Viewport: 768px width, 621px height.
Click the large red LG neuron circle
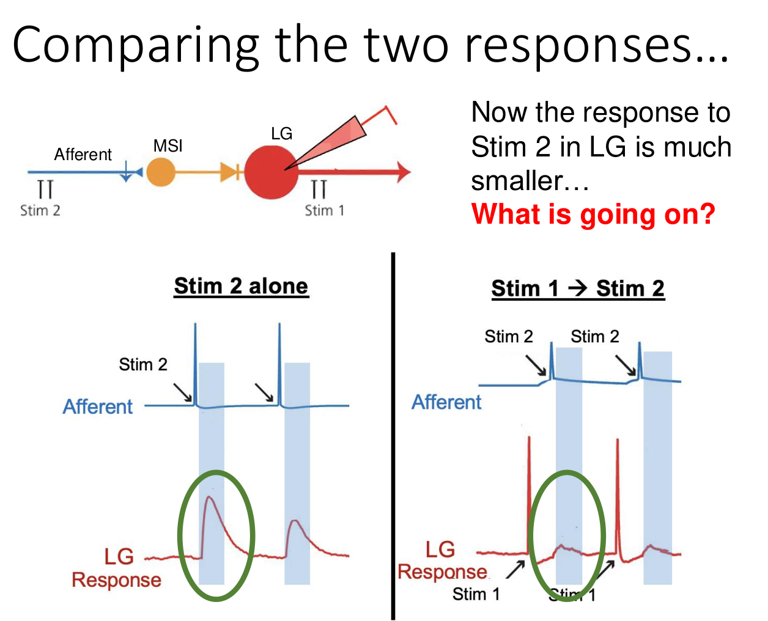(271, 172)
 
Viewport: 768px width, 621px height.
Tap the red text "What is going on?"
(593, 214)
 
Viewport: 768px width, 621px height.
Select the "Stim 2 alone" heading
(241, 286)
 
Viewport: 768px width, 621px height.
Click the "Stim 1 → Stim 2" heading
(577, 288)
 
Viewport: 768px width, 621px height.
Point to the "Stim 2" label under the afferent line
(40, 210)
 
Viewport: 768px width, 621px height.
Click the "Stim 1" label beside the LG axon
(324, 210)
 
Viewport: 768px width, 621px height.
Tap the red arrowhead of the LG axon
(403, 172)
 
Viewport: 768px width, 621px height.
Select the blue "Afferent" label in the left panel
(98, 406)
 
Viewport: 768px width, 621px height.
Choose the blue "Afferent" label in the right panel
(446, 402)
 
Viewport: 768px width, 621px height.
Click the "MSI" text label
(168, 145)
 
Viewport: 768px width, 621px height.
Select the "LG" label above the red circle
(281, 133)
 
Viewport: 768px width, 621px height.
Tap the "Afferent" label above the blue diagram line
(83, 154)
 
